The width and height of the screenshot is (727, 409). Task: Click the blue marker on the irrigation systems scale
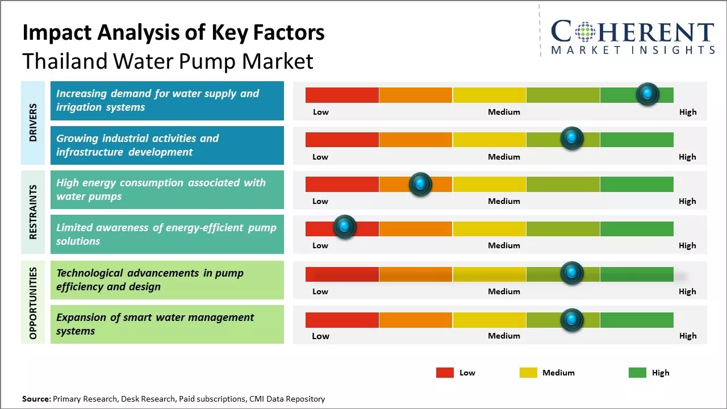[647, 94]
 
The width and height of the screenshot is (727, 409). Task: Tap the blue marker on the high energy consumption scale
[420, 184]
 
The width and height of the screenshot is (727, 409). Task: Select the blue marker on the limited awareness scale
[344, 227]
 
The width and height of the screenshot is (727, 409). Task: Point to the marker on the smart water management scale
[572, 320]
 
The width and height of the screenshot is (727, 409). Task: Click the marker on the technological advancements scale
[572, 273]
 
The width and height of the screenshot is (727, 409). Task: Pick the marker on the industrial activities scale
[572, 138]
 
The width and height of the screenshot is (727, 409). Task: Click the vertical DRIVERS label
[33, 123]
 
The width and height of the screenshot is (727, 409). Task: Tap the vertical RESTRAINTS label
[33, 212]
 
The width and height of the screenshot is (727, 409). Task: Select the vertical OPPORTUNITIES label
[33, 303]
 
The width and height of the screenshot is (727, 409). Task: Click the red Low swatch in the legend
[445, 373]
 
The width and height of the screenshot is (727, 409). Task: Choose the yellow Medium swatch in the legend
[528, 373]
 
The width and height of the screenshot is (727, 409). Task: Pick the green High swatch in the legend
[637, 373]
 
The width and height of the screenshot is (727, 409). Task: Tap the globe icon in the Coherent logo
[584, 32]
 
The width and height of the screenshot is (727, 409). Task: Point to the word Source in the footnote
[36, 399]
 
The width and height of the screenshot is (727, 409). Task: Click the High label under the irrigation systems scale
[687, 112]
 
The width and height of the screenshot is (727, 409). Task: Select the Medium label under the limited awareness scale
[504, 245]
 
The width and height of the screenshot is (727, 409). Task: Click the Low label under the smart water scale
[320, 336]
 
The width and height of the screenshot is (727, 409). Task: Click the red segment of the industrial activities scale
[342, 139]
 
